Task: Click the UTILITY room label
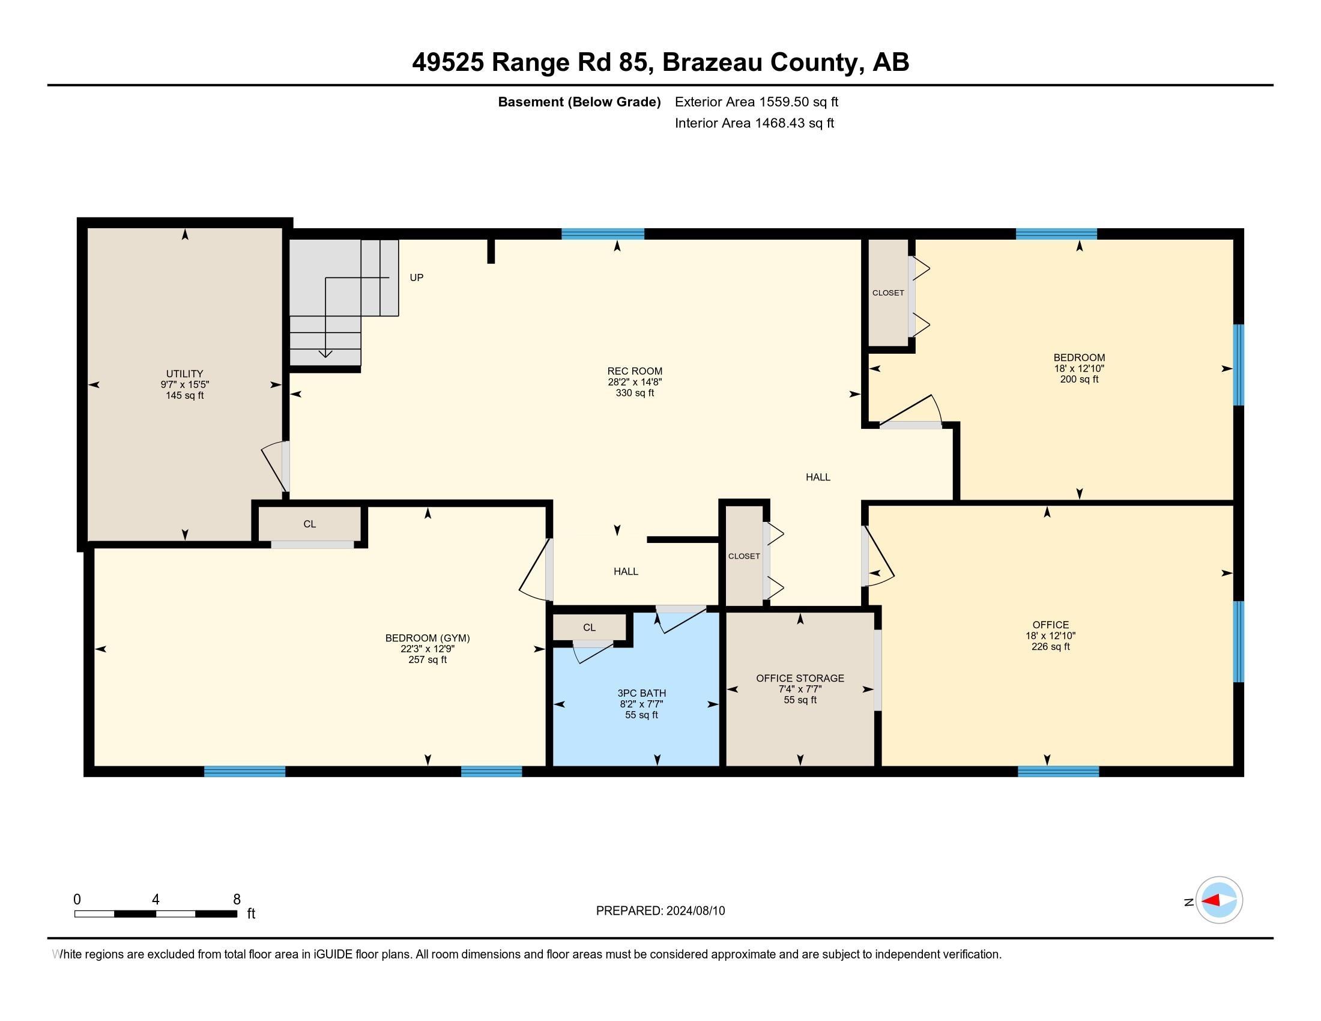[x=184, y=374]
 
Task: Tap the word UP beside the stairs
[x=416, y=277]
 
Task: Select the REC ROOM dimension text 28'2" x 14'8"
[x=635, y=382]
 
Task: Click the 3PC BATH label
[x=641, y=693]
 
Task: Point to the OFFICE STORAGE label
[x=800, y=678]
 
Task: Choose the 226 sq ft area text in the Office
[x=1050, y=647]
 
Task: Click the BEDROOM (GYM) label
[x=427, y=638]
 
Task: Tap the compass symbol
[x=1218, y=900]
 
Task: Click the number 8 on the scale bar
[x=237, y=900]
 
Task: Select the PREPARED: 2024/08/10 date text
[x=660, y=911]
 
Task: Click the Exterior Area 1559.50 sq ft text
[x=756, y=101]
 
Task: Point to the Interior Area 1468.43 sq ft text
[x=754, y=123]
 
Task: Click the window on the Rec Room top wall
[x=602, y=234]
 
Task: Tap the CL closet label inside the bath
[x=589, y=628]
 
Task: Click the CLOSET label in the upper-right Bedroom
[x=888, y=292]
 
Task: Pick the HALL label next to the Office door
[x=817, y=477]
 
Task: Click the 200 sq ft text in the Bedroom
[x=1078, y=379]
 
